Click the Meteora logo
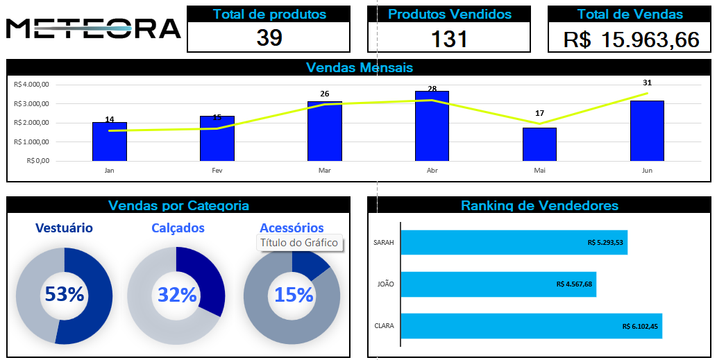[93, 28]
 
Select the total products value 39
[269, 38]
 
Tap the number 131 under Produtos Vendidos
[449, 39]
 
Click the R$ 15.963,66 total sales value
[631, 40]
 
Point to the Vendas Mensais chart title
[359, 67]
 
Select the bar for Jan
[110, 142]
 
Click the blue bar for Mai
[539, 144]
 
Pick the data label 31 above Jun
[647, 83]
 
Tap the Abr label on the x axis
[432, 170]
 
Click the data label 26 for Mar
[324, 94]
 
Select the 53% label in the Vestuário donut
[64, 295]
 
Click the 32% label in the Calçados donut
[177, 295]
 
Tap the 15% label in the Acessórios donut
[294, 295]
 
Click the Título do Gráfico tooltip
[299, 243]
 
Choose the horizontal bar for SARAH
[514, 243]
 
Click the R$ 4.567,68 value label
[574, 284]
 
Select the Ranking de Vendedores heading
[539, 205]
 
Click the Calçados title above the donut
[178, 228]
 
